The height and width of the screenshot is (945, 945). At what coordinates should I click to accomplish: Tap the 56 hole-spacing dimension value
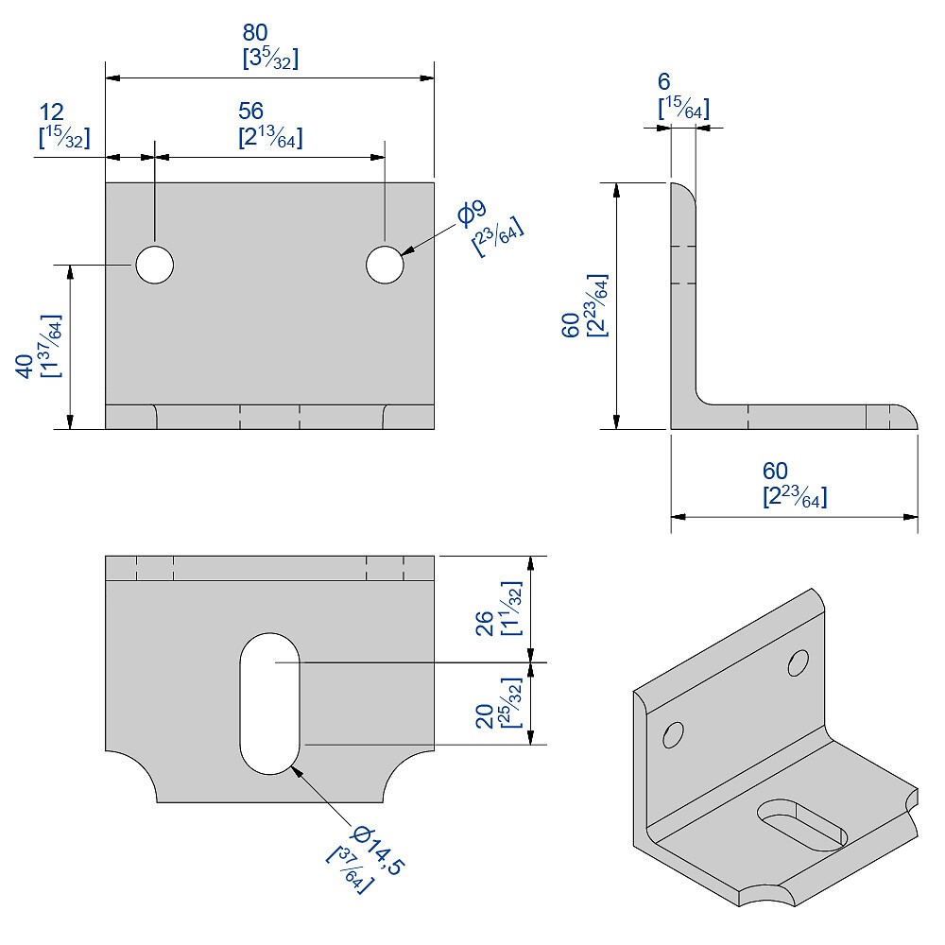point(250,111)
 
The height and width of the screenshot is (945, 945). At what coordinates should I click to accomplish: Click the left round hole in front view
point(154,266)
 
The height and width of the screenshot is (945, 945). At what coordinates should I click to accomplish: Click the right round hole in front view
point(386,265)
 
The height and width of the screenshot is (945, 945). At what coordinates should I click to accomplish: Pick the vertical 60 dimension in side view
point(571,324)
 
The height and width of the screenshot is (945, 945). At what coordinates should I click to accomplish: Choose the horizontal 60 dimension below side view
point(775,471)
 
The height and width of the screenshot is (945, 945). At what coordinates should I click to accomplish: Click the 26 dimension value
point(485,625)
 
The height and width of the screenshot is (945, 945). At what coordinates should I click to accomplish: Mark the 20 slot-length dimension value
point(485,715)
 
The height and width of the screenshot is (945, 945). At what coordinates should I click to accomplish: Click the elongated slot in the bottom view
point(270,701)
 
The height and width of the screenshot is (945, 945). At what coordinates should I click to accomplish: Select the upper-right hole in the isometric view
point(798,663)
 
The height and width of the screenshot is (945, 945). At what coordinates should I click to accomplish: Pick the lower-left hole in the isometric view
point(673,732)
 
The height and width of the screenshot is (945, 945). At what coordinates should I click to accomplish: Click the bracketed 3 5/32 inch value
point(270,59)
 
